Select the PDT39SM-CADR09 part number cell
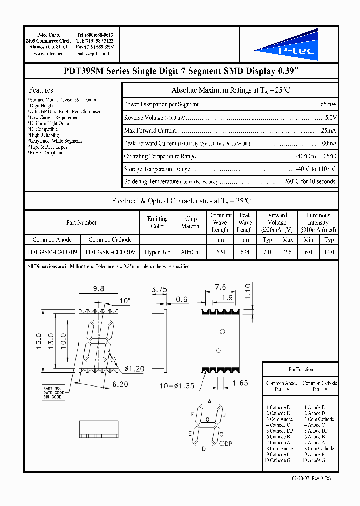pyautogui.click(x=52, y=252)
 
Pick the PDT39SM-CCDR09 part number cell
pyautogui.click(x=110, y=252)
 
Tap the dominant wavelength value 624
pyautogui.click(x=220, y=252)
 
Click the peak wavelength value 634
pyautogui.click(x=245, y=252)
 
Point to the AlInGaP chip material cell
pyautogui.click(x=191, y=252)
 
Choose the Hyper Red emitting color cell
pyautogui.click(x=157, y=252)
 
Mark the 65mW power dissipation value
pyautogui.click(x=328, y=104)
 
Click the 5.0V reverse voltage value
pyautogui.click(x=330, y=117)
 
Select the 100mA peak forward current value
pyautogui.click(x=328, y=143)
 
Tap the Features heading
pyautogui.click(x=41, y=90)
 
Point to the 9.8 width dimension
pyautogui.click(x=98, y=288)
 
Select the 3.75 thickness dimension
pyautogui.click(x=159, y=289)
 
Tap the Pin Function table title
pyautogui.click(x=301, y=369)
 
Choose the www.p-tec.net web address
pyautogui.click(x=48, y=53)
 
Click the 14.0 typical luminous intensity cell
pyautogui.click(x=329, y=252)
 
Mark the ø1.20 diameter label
pyautogui.click(x=133, y=369)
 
